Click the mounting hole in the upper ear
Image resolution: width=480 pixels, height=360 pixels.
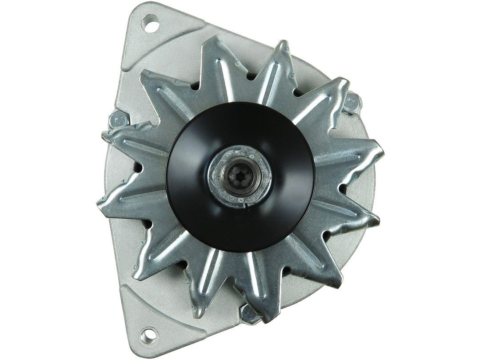pos(150,22)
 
